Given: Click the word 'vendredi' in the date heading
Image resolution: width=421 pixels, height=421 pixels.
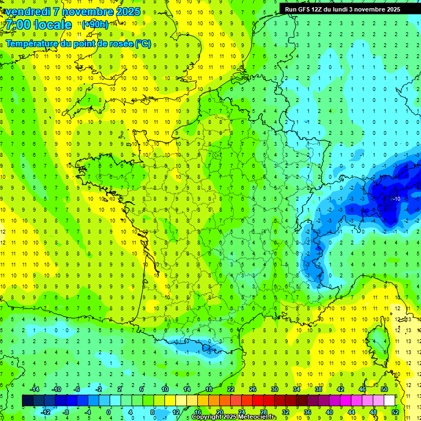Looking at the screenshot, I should [26, 12].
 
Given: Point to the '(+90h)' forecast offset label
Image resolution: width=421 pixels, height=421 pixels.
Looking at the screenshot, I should [95, 25].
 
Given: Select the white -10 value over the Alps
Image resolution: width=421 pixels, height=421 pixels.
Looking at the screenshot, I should [396, 198].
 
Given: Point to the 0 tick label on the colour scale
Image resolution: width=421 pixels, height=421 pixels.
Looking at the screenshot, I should [108, 412].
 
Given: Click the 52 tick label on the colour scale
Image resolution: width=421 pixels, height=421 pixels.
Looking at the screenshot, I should [395, 412].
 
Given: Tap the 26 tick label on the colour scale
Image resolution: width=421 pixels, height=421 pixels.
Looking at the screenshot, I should [253, 389].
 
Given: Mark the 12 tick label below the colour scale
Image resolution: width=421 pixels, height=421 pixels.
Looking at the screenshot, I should [176, 412].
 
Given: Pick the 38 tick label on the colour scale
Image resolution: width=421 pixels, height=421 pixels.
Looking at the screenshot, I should [318, 389].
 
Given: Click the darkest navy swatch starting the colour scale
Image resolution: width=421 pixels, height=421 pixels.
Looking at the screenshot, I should [28, 400].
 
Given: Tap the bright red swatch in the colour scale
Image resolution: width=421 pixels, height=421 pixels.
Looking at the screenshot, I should [258, 400].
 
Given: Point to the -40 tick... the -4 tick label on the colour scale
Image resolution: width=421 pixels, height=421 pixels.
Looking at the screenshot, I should [87, 412].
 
